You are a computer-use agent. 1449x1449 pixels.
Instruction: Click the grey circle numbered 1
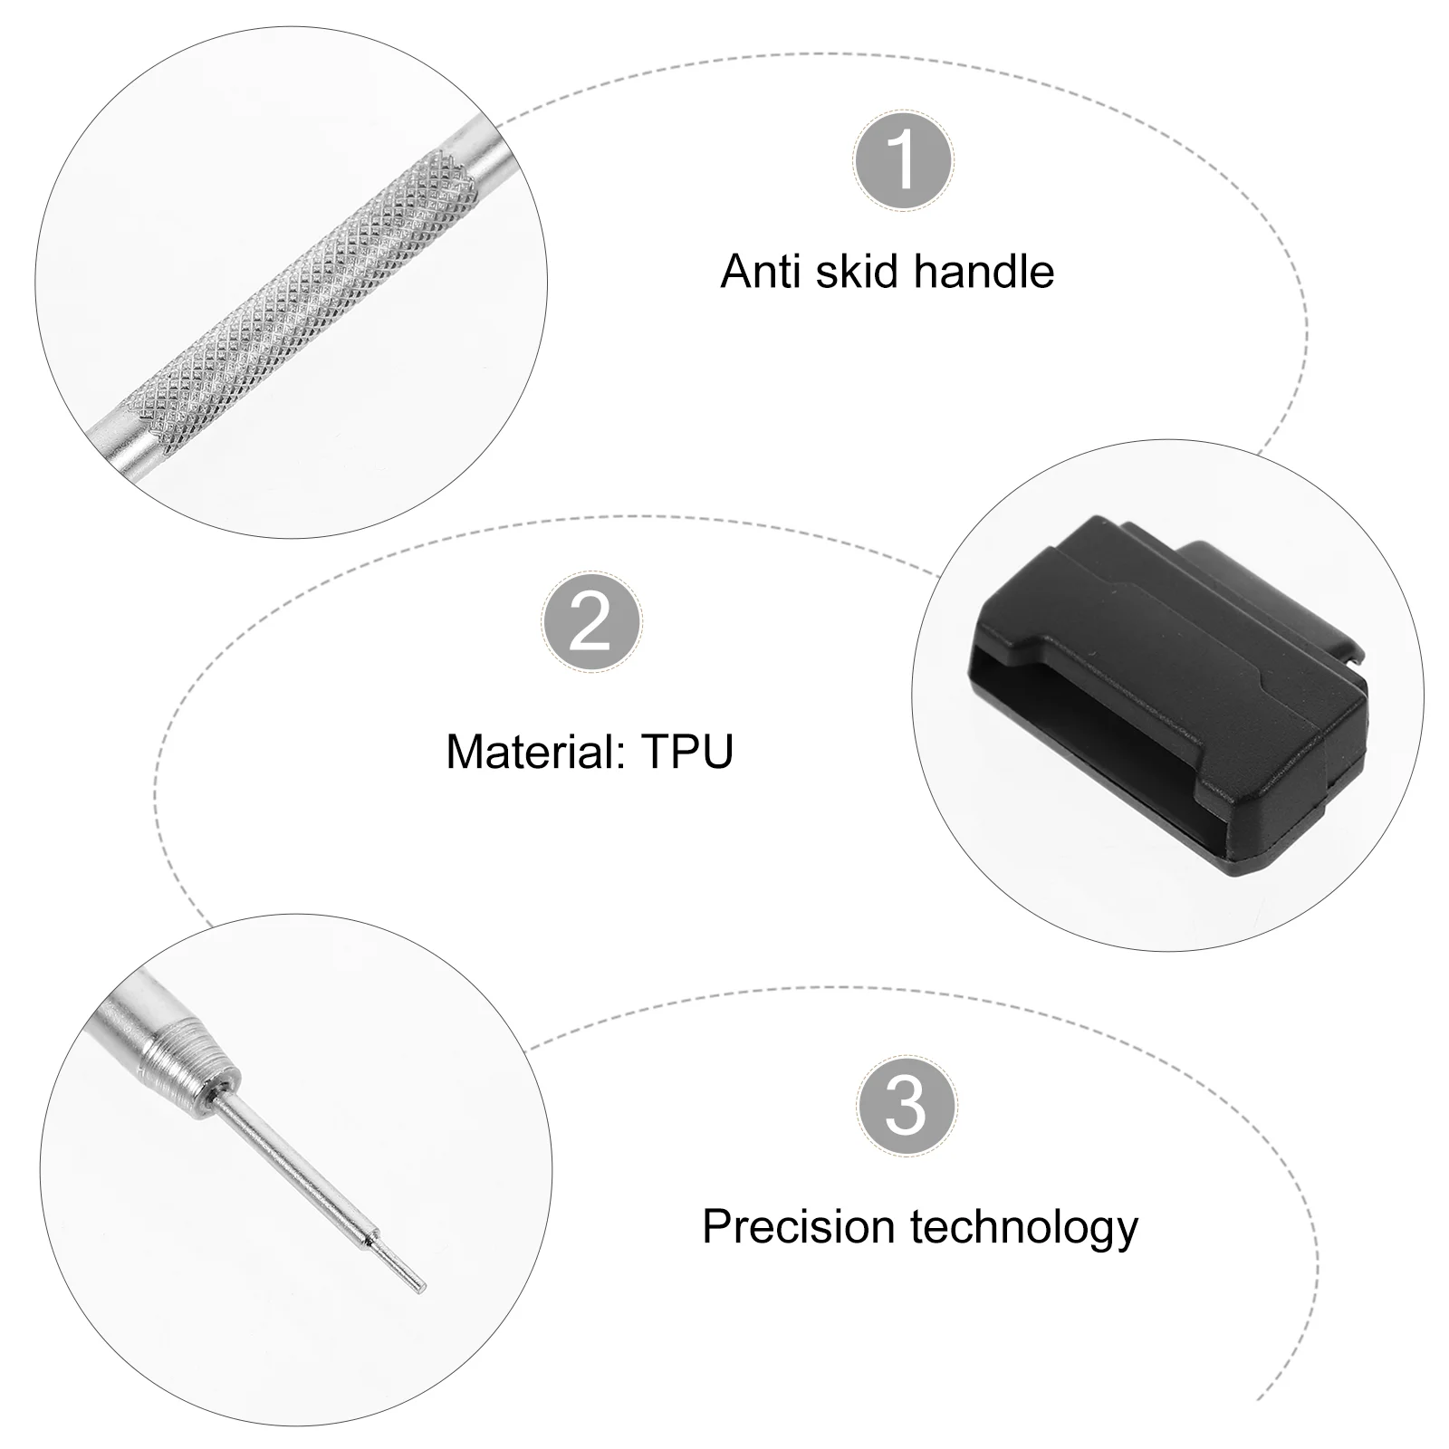click(x=903, y=160)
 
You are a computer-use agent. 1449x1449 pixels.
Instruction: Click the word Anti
click(x=763, y=271)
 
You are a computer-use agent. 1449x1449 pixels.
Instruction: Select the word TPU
click(x=687, y=751)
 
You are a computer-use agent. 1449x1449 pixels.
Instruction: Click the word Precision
click(x=799, y=1227)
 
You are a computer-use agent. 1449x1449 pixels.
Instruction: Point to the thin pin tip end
click(x=419, y=1289)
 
